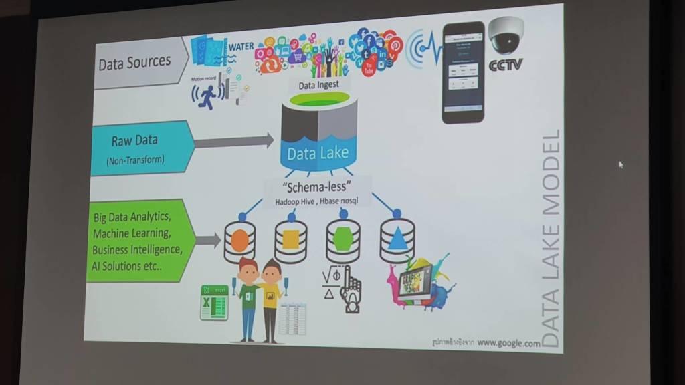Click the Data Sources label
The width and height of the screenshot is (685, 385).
point(135,63)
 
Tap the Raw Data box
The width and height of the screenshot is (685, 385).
point(136,148)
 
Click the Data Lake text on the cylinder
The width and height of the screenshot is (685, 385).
point(318,153)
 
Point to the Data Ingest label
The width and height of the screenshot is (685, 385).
point(318,85)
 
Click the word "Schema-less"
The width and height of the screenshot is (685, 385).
point(318,187)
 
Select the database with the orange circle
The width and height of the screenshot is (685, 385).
point(240,241)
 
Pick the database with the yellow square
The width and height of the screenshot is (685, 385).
point(291,239)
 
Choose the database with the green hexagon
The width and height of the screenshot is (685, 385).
point(342,238)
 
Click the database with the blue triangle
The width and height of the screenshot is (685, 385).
point(397,238)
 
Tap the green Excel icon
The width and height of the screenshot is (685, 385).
point(215,302)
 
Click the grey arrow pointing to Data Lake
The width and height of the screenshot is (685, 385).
point(234,141)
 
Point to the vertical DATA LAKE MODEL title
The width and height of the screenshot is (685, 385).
point(550,238)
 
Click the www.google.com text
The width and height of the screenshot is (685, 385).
point(508,343)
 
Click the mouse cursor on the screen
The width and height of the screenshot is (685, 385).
point(621,164)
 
